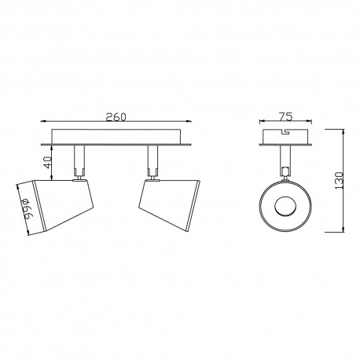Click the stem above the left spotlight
tap(79, 162)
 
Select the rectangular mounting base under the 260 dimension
tap(116, 135)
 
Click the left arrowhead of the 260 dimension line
tap(42, 123)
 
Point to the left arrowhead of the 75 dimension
tap(263, 123)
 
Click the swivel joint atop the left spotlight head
tap(79, 180)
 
